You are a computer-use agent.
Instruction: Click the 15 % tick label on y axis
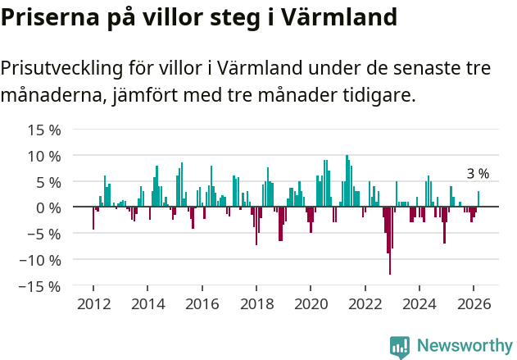pos(44,130)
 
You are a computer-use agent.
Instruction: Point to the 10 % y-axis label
pos(44,156)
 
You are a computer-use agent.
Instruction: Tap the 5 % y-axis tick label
pos(48,181)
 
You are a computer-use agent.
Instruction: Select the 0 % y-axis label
pos(48,207)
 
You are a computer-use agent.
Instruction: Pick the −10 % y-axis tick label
pos(40,260)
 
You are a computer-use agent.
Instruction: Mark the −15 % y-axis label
pos(40,286)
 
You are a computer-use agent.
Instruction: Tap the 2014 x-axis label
pos(147,303)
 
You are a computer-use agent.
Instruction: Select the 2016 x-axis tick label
pos(202,303)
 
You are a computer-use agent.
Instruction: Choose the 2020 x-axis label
pos(311,303)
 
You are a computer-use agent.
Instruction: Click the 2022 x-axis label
pos(365,303)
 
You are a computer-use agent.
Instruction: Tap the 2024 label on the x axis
pos(420,303)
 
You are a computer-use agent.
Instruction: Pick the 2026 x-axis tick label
pos(474,303)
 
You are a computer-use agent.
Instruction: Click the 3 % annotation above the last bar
pos(478,174)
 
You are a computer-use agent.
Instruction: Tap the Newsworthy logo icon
pos(400,346)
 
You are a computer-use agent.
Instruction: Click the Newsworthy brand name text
pos(464,346)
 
